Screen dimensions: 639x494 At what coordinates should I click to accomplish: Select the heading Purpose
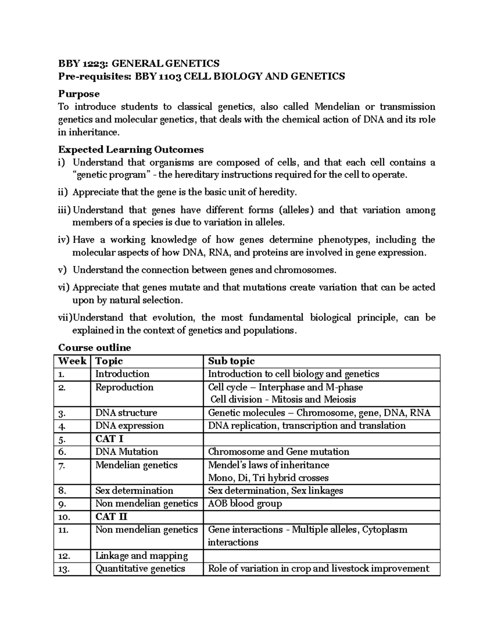[x=79, y=94]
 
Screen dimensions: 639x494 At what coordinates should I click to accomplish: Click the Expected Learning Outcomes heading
[x=131, y=149]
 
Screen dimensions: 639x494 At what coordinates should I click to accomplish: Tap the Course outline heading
[x=94, y=348]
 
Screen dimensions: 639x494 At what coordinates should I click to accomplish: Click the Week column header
[x=72, y=361]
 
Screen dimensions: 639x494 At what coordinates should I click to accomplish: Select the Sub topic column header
[x=231, y=361]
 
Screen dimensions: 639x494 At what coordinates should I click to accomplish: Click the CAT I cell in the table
[x=109, y=439]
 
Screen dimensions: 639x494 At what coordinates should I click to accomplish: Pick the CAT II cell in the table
[x=112, y=516]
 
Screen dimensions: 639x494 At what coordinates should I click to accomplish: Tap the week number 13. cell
[x=64, y=569]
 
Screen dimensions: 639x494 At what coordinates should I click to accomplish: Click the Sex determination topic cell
[x=134, y=490]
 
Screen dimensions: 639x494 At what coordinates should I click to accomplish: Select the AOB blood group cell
[x=245, y=504]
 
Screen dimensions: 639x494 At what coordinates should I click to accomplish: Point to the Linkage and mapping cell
[x=141, y=556]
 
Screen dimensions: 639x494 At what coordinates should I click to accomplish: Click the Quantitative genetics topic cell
[x=140, y=569]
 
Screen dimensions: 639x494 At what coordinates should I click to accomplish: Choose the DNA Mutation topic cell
[x=126, y=452]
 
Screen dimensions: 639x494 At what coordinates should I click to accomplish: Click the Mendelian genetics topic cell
[x=136, y=465]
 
